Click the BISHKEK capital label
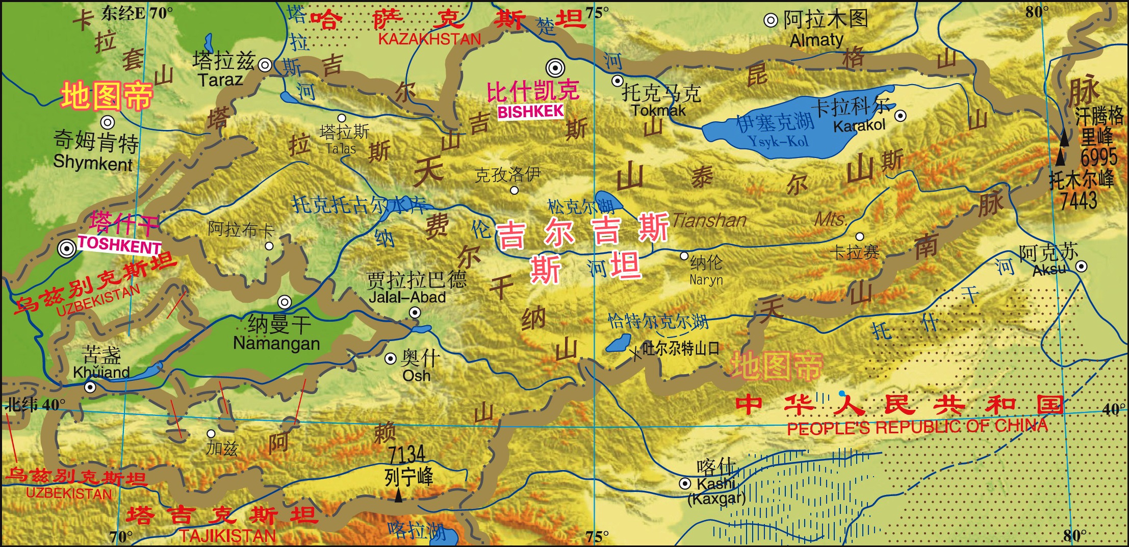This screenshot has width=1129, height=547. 530,112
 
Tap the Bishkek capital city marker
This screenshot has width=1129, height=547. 555,67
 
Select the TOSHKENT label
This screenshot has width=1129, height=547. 119,245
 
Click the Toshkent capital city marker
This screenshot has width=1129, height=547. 66,249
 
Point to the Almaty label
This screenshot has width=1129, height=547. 816,40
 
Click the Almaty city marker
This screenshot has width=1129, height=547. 770,20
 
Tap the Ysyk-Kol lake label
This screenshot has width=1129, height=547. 778,141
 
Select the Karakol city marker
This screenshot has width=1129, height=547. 901,116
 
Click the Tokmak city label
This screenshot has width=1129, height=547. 658,110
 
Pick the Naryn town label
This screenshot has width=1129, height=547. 706,280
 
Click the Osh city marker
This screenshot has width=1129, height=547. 390,359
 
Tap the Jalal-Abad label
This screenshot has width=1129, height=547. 407,297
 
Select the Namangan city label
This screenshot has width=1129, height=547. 276,343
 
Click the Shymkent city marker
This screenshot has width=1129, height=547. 107,122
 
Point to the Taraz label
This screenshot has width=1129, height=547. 220,80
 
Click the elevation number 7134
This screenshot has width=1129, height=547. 406,454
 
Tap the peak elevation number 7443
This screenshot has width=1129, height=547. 1079,200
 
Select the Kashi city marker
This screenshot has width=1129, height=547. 685,484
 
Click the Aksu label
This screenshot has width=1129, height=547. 1049,270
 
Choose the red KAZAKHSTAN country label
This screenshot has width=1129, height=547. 429,39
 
